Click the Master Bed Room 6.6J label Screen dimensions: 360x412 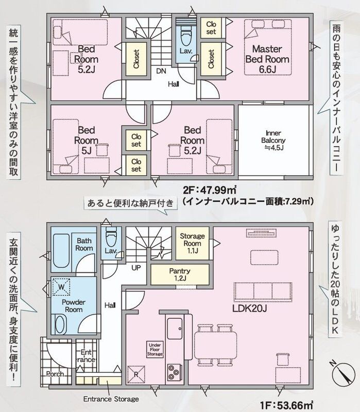tap(267, 59)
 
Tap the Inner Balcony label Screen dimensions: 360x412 tap(273, 140)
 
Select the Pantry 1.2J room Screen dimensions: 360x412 tap(180, 274)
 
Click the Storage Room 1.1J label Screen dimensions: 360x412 tap(192, 243)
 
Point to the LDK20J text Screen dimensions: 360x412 tap(250, 308)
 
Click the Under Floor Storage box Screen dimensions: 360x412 tap(155, 350)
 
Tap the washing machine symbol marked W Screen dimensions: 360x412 tap(61, 287)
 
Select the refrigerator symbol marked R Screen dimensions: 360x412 tap(136, 374)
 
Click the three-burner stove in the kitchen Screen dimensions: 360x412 tap(174, 372)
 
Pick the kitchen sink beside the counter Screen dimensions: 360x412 tap(175, 329)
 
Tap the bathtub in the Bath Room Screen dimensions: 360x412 tap(61, 251)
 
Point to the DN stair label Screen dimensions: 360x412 tap(161, 71)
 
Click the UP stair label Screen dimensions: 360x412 tap(136, 268)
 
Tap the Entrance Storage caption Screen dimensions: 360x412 tap(111, 399)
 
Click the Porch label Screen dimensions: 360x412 tap(55, 374)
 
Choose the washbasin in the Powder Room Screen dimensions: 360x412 tap(60, 325)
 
